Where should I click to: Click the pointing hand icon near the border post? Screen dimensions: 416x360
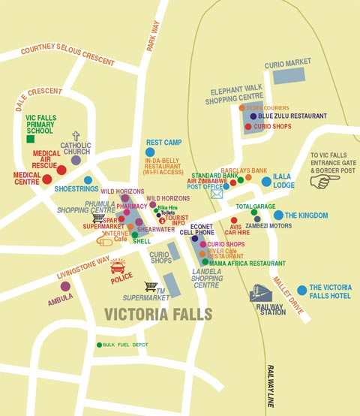click(x=319, y=182)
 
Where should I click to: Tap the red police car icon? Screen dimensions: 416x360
click(x=118, y=267)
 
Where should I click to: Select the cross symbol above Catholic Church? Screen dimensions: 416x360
click(x=76, y=136)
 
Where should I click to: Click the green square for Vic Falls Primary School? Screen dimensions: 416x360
click(x=31, y=139)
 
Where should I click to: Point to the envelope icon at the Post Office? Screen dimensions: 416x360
click(x=217, y=194)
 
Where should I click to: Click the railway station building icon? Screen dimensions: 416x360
click(x=261, y=292)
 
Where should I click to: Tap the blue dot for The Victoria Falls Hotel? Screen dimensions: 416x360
click(x=301, y=290)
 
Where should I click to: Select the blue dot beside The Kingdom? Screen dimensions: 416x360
click(x=278, y=216)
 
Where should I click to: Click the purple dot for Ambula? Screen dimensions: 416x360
click(x=65, y=286)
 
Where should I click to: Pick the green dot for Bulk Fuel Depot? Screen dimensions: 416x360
click(x=99, y=345)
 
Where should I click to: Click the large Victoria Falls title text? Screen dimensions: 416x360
click(x=158, y=314)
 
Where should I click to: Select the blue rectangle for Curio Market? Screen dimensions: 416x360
click(x=289, y=76)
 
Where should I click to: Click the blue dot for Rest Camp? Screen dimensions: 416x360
click(x=150, y=152)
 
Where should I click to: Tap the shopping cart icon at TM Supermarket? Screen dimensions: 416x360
click(x=151, y=286)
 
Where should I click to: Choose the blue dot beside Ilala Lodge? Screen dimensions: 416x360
click(x=266, y=181)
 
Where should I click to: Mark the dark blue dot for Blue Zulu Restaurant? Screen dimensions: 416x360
click(x=253, y=116)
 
